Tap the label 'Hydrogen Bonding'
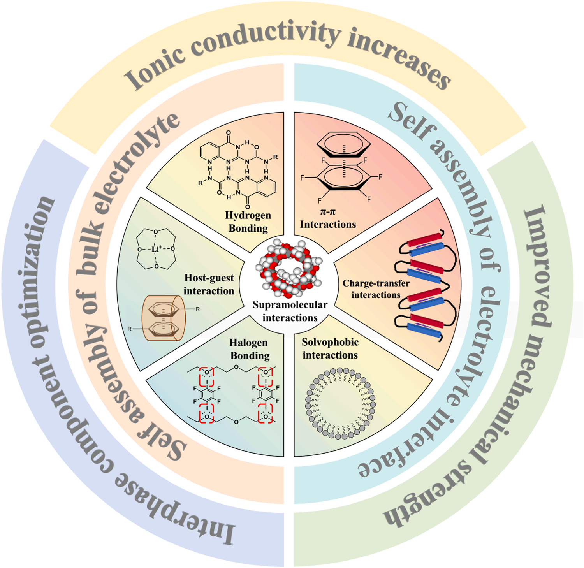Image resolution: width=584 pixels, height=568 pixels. pos(248,222)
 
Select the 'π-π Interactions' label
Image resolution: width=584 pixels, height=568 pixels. pos(328,218)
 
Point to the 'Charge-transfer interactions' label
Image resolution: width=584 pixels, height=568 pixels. pos(376,289)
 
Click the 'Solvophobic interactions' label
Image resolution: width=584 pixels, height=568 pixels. pos(330,348)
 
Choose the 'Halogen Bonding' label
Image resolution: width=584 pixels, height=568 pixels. pos(249,349)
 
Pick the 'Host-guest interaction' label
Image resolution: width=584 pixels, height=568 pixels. pos(209,284)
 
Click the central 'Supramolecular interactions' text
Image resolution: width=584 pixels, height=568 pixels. pos(290,311)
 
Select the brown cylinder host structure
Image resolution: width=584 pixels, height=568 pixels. pos(164,318)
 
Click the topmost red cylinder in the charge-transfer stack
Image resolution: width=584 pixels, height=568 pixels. pos(425,239)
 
